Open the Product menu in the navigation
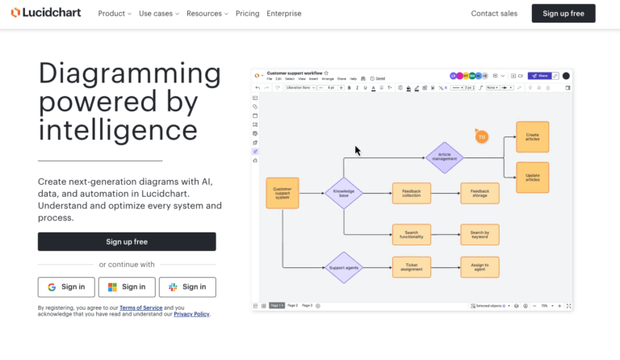114,14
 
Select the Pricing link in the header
247,14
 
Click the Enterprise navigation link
284,14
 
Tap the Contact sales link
494,14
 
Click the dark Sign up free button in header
563,14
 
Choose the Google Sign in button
66,287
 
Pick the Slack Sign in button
187,287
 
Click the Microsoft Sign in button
127,287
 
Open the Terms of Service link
142,308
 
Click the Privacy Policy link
191,314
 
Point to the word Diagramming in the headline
129,73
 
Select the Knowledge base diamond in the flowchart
344,194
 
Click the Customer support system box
283,193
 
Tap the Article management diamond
444,157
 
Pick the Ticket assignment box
412,266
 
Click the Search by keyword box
480,235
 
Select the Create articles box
532,137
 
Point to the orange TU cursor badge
482,137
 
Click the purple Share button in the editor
538,76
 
